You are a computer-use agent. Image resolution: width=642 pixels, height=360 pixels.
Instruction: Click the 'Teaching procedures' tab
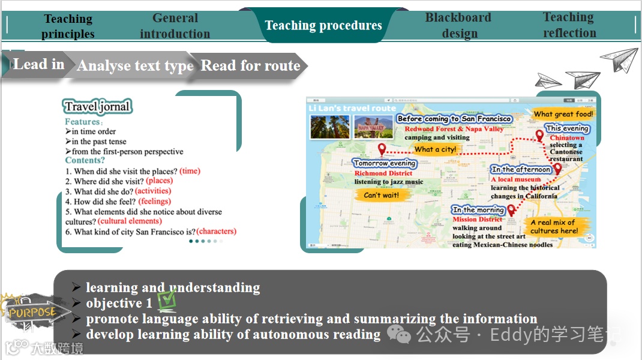[323, 25]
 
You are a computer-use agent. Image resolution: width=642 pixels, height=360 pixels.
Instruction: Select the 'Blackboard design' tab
[458, 26]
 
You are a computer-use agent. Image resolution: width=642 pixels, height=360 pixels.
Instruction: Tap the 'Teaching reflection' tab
[569, 25]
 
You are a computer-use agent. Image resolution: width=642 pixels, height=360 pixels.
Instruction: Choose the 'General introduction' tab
[175, 26]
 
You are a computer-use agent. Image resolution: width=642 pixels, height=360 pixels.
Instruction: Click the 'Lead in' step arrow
[38, 64]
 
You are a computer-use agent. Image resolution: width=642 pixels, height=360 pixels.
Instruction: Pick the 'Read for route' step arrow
[250, 65]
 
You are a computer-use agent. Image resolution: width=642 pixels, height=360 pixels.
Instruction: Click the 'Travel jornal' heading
[97, 107]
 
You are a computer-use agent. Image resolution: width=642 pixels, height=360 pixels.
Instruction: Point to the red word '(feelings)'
[155, 201]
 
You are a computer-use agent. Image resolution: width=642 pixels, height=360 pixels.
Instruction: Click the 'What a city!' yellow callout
[436, 149]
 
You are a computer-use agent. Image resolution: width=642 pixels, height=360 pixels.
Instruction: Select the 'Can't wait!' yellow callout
[381, 195]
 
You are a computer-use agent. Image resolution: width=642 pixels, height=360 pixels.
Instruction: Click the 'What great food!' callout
[563, 114]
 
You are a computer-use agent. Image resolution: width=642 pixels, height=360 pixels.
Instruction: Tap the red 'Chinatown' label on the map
[567, 137]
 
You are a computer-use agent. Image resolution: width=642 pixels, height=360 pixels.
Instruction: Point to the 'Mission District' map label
[478, 219]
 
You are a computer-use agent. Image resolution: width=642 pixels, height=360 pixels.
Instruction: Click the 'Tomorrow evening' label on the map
[385, 163]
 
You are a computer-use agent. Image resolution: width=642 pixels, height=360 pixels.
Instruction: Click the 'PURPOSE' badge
[30, 313]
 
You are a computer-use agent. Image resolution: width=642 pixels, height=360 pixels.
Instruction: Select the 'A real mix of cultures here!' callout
[554, 227]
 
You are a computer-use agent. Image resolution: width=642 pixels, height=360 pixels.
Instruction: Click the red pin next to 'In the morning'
[511, 209]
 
